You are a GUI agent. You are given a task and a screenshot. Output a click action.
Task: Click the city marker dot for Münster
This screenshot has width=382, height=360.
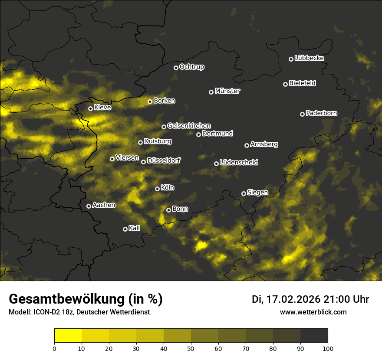click(x=211, y=92)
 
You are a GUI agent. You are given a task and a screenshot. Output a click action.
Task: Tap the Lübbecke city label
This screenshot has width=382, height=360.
click(x=309, y=58)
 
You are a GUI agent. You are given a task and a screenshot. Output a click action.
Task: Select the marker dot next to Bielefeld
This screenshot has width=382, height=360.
click(x=286, y=84)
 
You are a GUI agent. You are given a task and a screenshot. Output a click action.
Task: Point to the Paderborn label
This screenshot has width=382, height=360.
click(x=321, y=113)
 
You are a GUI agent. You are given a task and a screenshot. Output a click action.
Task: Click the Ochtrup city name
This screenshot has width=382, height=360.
click(x=191, y=67)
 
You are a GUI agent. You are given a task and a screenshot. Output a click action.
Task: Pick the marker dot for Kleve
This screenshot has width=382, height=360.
click(x=91, y=108)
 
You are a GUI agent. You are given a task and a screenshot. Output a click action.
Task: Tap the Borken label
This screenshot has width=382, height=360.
click(x=164, y=101)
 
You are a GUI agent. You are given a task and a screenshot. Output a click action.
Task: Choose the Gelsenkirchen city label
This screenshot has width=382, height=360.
click(x=189, y=126)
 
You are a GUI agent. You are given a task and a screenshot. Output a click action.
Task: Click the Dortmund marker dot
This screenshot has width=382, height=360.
click(x=199, y=134)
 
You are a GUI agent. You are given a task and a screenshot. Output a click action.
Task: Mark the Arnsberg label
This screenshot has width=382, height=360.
click(x=264, y=144)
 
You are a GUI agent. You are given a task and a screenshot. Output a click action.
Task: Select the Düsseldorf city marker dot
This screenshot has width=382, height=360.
click(x=144, y=162)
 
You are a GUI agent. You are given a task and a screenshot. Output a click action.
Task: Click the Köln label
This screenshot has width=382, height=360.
click(x=167, y=188)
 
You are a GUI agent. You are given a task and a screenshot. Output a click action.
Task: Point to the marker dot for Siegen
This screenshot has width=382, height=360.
click(x=244, y=193)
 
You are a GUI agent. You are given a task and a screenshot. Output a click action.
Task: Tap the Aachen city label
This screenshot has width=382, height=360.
click(x=103, y=205)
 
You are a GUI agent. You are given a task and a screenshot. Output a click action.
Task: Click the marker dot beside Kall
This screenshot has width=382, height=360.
click(x=125, y=229)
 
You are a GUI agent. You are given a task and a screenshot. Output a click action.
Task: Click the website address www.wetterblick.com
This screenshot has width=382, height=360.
click(x=313, y=312)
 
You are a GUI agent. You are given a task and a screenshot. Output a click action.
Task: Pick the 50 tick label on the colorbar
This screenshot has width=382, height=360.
click(x=191, y=348)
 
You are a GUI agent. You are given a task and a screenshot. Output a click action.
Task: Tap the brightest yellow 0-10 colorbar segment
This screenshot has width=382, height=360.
click(x=68, y=336)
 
